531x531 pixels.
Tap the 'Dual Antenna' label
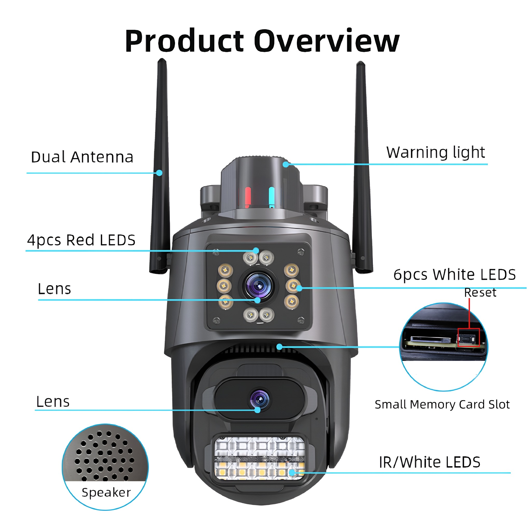click(82, 157)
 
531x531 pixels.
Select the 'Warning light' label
click(436, 152)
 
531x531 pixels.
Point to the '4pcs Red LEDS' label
click(81, 240)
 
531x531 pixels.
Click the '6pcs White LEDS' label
click(455, 275)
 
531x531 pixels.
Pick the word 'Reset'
click(480, 292)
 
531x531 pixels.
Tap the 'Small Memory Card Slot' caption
click(442, 404)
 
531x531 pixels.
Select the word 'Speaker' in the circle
click(106, 493)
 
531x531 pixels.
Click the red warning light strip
click(248, 197)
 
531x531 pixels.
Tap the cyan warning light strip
click(271, 197)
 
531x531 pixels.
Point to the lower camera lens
click(260, 399)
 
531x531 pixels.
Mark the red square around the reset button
click(469, 337)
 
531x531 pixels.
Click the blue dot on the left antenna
click(159, 173)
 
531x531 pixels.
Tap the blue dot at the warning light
click(286, 164)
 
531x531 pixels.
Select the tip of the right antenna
click(360, 62)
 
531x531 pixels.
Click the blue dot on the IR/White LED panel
click(292, 472)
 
